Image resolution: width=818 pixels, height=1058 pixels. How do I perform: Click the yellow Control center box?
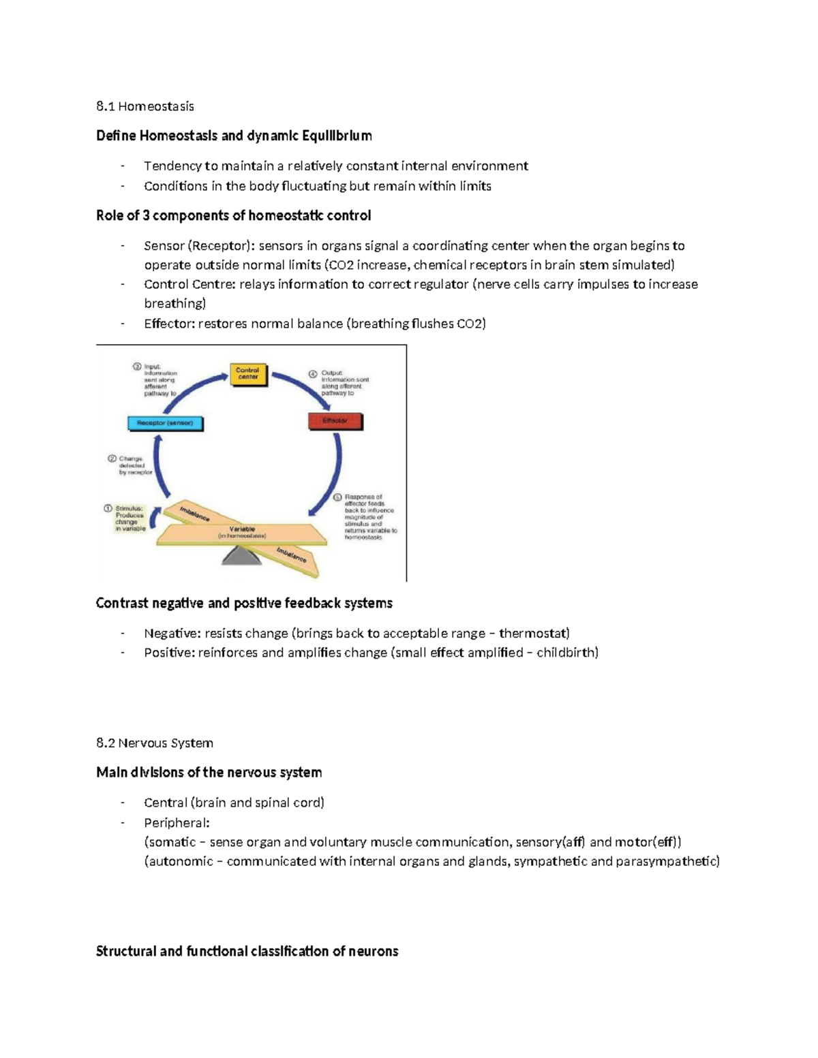[247, 374]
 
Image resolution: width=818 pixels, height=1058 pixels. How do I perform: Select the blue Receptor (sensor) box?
[166, 423]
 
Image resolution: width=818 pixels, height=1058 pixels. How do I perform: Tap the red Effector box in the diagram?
[335, 421]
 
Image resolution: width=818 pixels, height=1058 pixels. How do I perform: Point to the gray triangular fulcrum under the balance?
[241, 557]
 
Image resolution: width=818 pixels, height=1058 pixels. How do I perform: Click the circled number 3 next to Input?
[136, 367]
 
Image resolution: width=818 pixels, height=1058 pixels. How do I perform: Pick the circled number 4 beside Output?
[313, 373]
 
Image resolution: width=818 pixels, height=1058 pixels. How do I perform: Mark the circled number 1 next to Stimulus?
[108, 508]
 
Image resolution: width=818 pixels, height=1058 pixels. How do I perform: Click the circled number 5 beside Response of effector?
[337, 497]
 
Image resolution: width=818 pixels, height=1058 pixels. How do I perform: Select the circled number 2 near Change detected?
[112, 458]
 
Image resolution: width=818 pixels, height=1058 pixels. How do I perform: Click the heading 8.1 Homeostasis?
[145, 106]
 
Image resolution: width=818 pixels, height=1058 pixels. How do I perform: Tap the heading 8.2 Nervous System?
[155, 743]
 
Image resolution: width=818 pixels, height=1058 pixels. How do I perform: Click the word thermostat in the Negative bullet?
[534, 633]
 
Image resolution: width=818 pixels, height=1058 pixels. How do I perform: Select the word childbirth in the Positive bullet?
[567, 653]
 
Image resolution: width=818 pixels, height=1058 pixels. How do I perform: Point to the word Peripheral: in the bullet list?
[177, 822]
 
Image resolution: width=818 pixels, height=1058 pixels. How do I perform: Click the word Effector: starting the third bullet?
[169, 324]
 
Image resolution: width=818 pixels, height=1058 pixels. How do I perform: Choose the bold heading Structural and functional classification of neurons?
[247, 951]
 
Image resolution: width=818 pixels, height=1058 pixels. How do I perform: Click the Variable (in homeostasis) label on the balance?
[242, 532]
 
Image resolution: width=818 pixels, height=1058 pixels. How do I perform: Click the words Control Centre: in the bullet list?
[190, 284]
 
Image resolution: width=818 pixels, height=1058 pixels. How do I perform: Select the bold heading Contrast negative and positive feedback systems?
[244, 603]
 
